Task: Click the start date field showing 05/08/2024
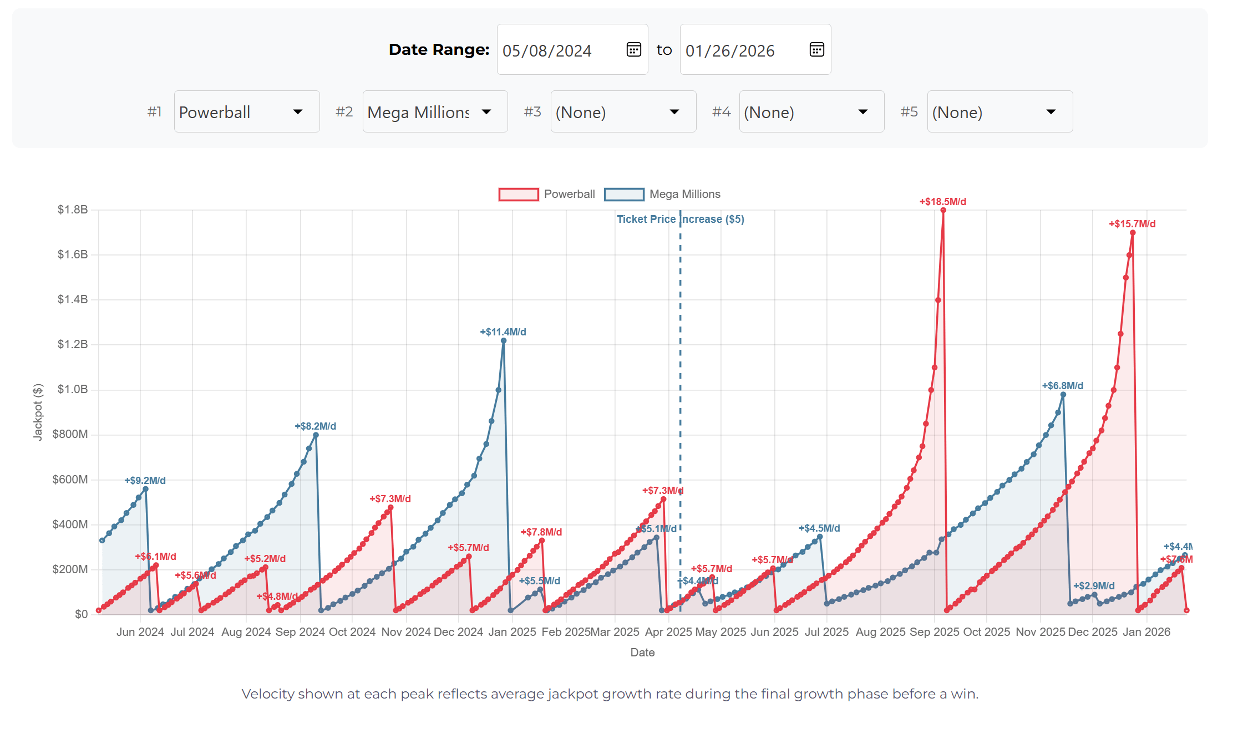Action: tap(560, 50)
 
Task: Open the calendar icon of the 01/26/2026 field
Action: tap(816, 49)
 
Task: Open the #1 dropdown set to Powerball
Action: tap(246, 111)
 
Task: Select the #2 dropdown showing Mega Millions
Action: tap(435, 111)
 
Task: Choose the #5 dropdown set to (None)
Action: tap(999, 111)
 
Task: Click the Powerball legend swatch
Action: tap(518, 194)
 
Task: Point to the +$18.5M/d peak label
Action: tap(942, 202)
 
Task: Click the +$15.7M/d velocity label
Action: tap(1132, 224)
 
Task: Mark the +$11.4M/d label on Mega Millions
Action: tap(503, 332)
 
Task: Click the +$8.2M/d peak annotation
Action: tap(315, 426)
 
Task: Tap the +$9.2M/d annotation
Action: tap(145, 481)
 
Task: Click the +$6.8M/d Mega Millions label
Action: tap(1062, 386)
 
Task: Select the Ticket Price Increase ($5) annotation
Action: tap(680, 219)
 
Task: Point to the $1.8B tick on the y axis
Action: tap(73, 210)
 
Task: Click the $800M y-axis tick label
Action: tap(70, 434)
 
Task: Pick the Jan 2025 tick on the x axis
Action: tap(512, 632)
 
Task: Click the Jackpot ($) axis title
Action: tap(38, 412)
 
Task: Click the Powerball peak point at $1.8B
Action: tap(943, 210)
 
